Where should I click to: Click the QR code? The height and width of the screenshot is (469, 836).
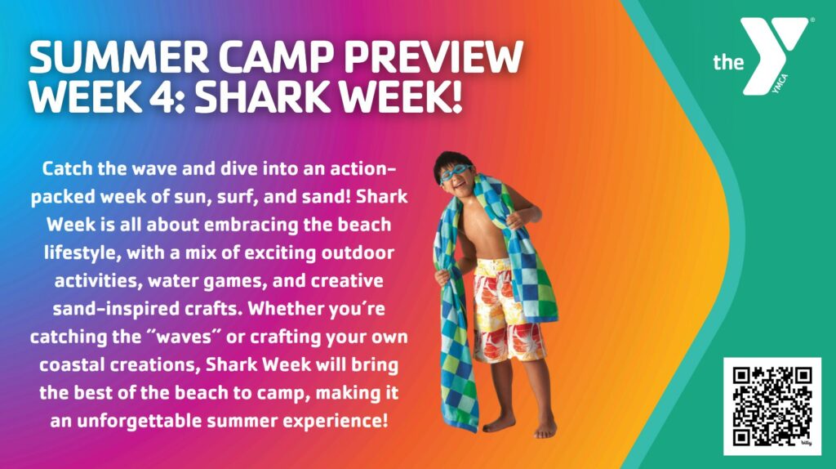772,406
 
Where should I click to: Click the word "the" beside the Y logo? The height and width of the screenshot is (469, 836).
728,62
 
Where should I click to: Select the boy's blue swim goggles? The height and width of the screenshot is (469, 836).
455,173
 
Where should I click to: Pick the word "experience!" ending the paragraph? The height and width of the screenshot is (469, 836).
335,422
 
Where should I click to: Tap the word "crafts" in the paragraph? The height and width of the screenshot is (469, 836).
214,309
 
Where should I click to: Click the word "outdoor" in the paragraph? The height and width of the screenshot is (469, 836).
358,252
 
